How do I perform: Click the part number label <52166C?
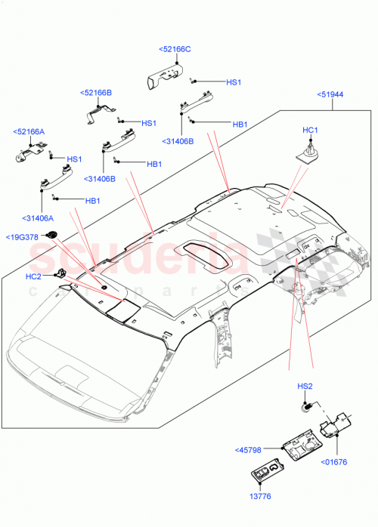pos(175,49)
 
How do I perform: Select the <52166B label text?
pos(96,92)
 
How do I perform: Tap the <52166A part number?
pos(29,131)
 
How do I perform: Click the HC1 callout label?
pos(311,131)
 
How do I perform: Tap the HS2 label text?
pos(305,387)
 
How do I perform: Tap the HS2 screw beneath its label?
pos(307,407)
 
